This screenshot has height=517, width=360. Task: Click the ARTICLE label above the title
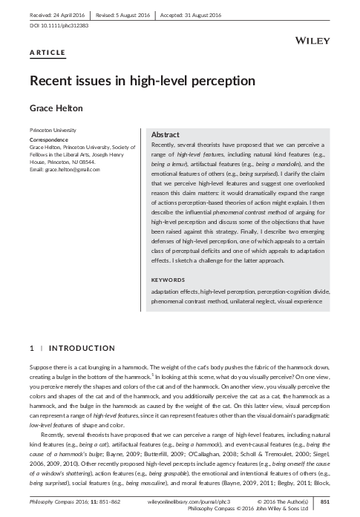[48, 52]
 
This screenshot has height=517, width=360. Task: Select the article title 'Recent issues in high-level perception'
[142, 79]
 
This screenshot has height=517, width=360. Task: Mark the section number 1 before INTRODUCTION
[30, 349]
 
